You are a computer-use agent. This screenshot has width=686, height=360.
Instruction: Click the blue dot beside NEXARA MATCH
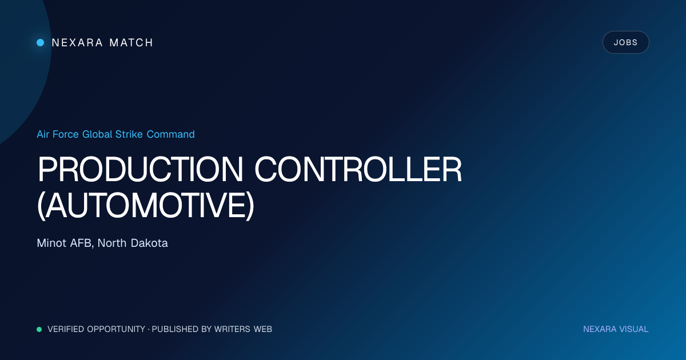41,42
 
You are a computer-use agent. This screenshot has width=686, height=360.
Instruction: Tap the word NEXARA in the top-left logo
77,42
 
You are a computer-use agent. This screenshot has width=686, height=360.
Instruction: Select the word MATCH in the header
131,42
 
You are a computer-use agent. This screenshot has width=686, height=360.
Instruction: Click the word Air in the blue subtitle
43,134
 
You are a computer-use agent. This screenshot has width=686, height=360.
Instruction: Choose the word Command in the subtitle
170,134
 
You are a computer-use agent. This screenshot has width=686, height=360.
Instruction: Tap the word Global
97,134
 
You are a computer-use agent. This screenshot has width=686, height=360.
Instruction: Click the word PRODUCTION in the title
140,169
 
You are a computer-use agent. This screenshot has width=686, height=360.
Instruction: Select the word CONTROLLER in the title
358,169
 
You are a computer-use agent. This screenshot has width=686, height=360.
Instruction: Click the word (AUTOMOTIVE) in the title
146,205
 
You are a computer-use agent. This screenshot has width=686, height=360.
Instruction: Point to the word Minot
51,243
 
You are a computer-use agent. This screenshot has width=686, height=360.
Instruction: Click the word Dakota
149,243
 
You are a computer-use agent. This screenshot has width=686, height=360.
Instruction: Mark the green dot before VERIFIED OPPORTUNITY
39,329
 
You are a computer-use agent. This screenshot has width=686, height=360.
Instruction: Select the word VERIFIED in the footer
66,329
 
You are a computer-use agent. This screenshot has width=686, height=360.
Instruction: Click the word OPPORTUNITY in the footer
116,329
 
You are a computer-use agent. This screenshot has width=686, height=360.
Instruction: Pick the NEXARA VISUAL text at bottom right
616,329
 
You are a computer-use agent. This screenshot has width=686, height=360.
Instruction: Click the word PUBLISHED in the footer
175,329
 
